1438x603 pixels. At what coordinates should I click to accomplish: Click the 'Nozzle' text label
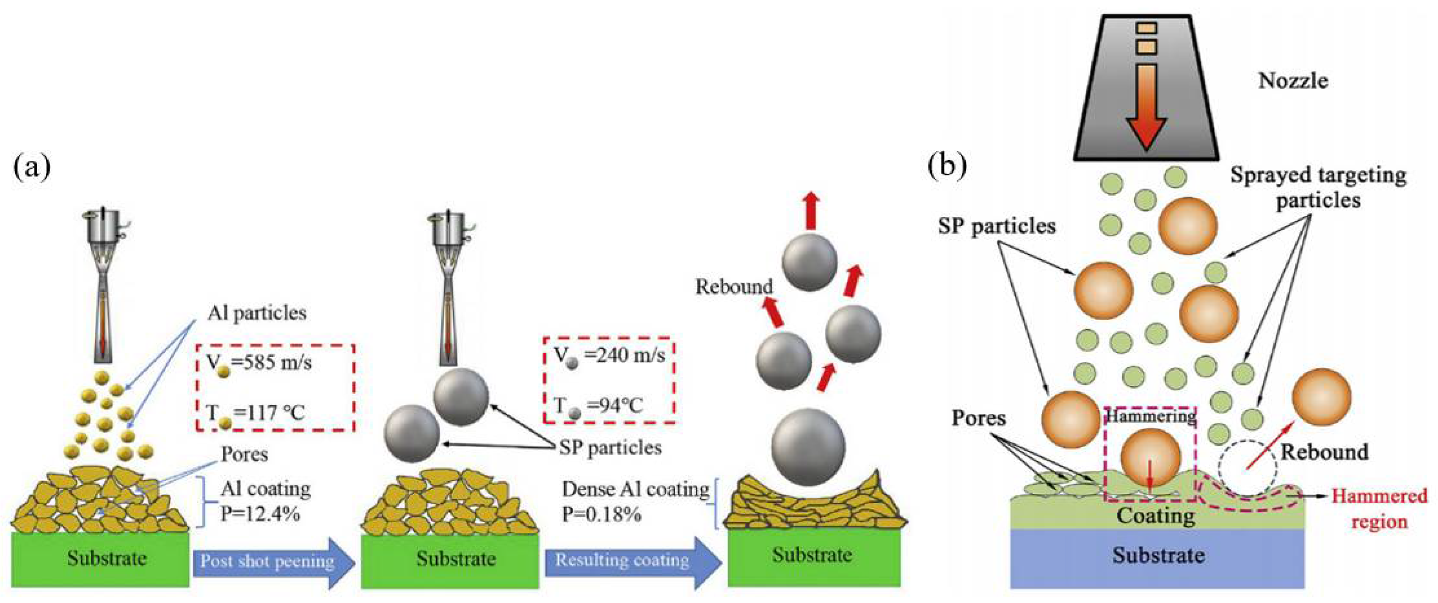1293,81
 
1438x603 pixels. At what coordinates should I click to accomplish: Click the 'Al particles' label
257,313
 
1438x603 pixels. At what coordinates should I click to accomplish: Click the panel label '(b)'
947,166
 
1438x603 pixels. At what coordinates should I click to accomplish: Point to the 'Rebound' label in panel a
734,287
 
